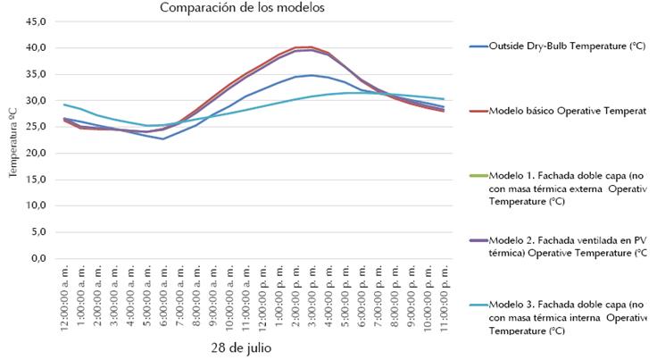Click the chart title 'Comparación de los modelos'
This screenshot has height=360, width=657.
click(242, 8)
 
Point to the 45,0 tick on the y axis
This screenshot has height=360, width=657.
click(33, 21)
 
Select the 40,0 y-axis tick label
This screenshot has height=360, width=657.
click(33, 48)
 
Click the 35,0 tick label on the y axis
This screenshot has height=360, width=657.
click(33, 74)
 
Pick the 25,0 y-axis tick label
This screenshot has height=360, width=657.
click(33, 127)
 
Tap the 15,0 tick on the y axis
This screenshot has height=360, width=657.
click(33, 180)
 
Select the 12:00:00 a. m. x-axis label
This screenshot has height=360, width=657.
click(65, 297)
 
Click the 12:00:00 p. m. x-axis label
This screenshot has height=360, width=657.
click(262, 297)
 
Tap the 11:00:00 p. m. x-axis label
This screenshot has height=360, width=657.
click(443, 297)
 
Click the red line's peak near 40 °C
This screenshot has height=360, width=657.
click(310, 47)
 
